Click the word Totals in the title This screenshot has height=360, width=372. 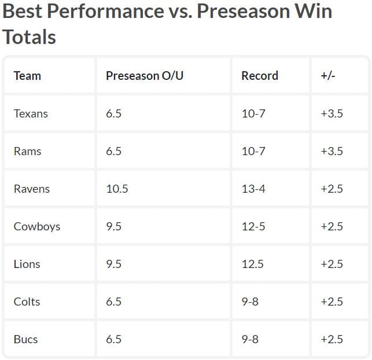tap(30, 37)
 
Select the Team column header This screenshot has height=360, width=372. tap(27, 76)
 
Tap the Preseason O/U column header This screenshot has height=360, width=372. tap(145, 76)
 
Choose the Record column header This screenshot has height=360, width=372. tap(260, 76)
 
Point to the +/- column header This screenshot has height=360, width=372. tap(328, 76)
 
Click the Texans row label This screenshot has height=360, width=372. tap(31, 113)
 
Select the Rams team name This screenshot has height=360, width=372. tap(27, 151)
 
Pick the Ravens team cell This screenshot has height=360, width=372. tap(32, 189)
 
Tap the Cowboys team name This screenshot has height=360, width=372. tap(37, 226)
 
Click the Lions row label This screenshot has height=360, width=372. tap(27, 264)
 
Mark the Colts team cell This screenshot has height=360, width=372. tap(27, 302)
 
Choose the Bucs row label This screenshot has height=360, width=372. tap(25, 339)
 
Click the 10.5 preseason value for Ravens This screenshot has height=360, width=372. tap(117, 189)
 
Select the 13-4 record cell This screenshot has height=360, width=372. tap(253, 189)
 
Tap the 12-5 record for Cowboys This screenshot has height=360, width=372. tap(253, 226)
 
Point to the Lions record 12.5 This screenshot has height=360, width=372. tap(252, 264)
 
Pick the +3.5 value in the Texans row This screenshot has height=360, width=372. tap(332, 113)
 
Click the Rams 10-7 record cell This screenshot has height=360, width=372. tap(253, 151)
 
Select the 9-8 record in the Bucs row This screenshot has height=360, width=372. tap(250, 339)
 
